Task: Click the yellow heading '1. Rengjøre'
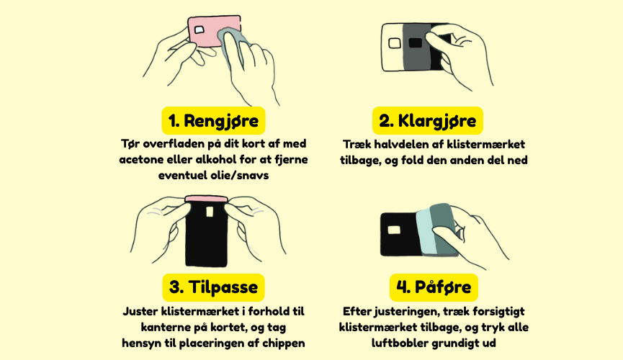click(x=213, y=120)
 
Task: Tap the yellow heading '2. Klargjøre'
click(x=428, y=120)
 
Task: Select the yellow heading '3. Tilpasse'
click(x=213, y=287)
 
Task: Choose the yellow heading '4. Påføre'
click(x=434, y=287)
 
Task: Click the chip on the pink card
click(x=199, y=30)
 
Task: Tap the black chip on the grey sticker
click(x=415, y=42)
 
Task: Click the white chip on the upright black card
click(x=210, y=212)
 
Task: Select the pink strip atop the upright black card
click(x=206, y=199)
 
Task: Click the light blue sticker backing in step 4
click(x=426, y=231)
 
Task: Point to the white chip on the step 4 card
click(x=394, y=230)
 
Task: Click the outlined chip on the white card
click(x=394, y=43)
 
